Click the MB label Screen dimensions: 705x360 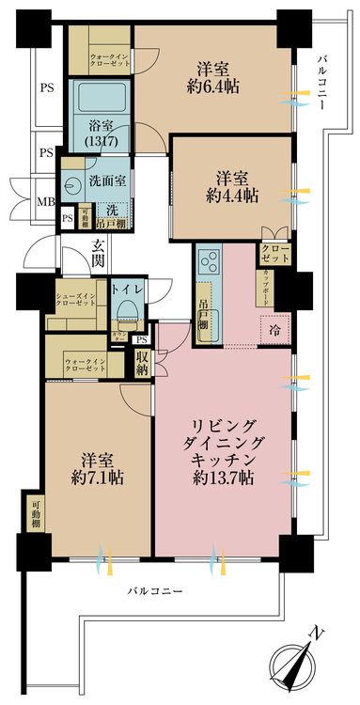pos(45,200)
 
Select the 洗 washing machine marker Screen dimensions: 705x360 pos(111,208)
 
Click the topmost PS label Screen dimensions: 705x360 pos(45,90)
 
